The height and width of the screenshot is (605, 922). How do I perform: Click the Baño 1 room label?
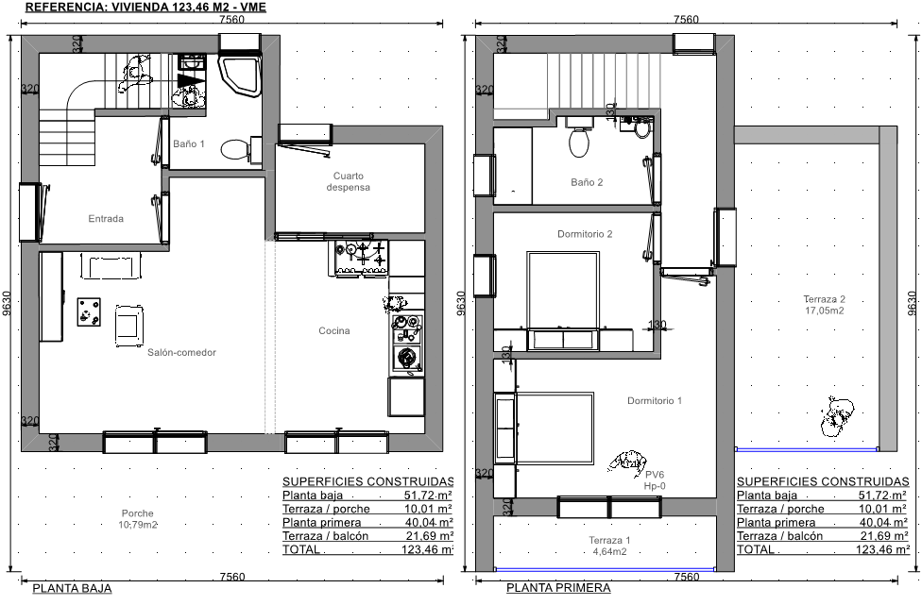pos(189,143)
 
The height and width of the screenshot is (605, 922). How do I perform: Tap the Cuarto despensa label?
pos(348,181)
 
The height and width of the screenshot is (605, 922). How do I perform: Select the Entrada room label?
pos(106,219)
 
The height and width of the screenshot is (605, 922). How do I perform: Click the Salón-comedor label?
pos(181,352)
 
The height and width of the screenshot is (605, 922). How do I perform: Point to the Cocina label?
pos(334,330)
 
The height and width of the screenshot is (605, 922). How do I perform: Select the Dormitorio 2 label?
pos(585,234)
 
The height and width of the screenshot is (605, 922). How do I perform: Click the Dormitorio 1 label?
pos(655,400)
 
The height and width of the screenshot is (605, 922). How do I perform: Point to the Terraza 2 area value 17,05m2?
pos(825,311)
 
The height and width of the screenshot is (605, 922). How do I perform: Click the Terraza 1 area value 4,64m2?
pos(608,552)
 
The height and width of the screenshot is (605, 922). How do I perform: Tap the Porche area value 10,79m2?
pos(138,525)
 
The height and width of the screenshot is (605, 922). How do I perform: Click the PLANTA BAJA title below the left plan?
pos(72,588)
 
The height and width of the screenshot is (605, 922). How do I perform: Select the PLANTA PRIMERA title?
pos(558,588)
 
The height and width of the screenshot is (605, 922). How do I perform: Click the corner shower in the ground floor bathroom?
pos(240,76)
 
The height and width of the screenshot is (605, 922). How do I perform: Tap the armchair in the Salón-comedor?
pos(128,326)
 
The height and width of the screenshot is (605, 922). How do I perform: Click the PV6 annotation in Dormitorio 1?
pos(655,475)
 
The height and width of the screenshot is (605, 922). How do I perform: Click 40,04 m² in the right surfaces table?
pos(882,522)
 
